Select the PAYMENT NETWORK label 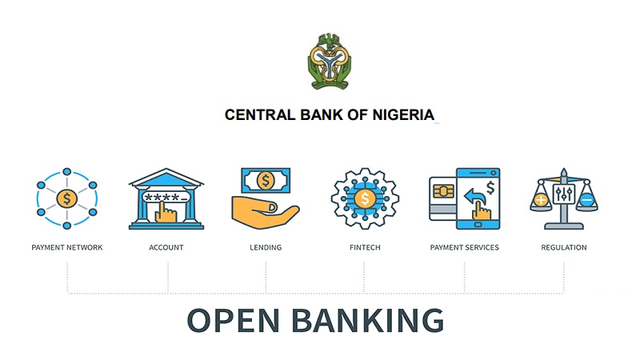tap(67, 247)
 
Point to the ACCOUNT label tap(166, 247)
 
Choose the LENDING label tap(266, 247)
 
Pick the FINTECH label tap(365, 247)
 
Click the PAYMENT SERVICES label tap(464, 247)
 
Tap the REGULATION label tap(564, 247)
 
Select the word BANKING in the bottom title tap(370, 320)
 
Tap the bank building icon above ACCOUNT tap(166, 198)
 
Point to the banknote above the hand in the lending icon tap(266, 181)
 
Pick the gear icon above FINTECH tap(365, 198)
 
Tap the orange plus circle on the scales tap(541, 199)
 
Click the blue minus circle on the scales tap(587, 199)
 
